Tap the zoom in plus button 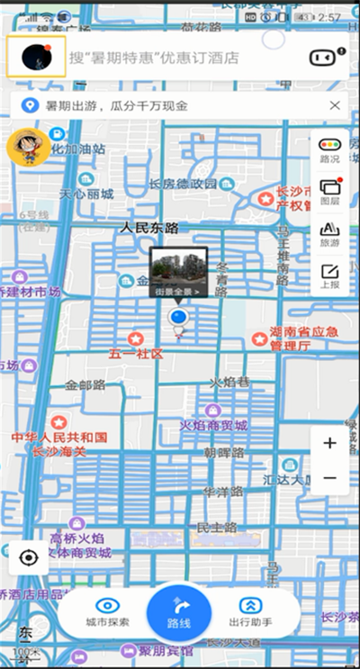pos(329,443)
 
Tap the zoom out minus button pos(329,478)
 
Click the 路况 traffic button pos(329,149)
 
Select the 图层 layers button pos(329,192)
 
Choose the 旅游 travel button pos(329,234)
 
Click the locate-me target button pos(29,558)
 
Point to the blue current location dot pos(178,318)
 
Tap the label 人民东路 pos(149,228)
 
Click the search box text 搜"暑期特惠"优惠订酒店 pos(154,58)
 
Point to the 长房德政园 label pos(183,184)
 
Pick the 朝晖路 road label pos(223,452)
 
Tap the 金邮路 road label pos(85,384)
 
